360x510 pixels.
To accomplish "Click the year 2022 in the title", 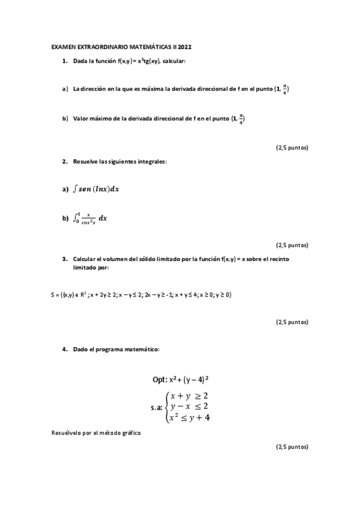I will pos(185,46).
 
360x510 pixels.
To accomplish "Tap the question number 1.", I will pos(64,61).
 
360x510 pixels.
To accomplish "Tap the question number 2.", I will pos(64,162).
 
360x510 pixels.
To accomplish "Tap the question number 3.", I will pos(64,259).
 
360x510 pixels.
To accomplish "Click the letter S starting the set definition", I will pos(53,295).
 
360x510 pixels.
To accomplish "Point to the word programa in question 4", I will pos(112,349).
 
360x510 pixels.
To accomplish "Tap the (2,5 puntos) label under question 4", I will pos(292,447).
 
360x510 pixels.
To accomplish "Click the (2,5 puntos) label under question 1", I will pos(292,147).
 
